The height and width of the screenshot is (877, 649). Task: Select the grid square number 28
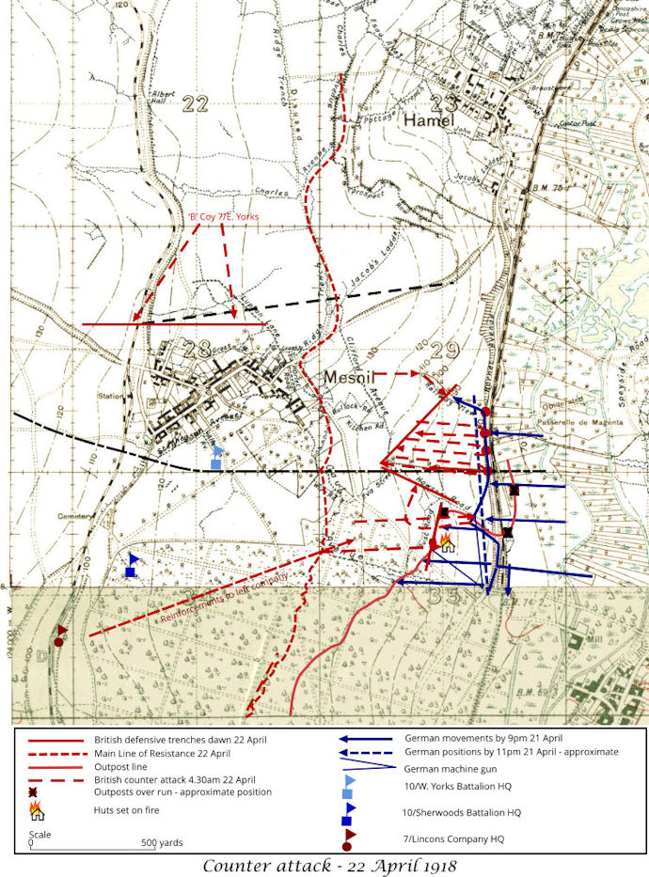[198, 350]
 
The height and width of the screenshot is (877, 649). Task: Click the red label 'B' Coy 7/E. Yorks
[223, 217]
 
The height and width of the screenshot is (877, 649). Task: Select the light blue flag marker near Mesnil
[216, 457]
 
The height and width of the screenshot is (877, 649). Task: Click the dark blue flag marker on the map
[132, 565]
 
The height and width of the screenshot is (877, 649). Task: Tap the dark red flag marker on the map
[61, 634]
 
